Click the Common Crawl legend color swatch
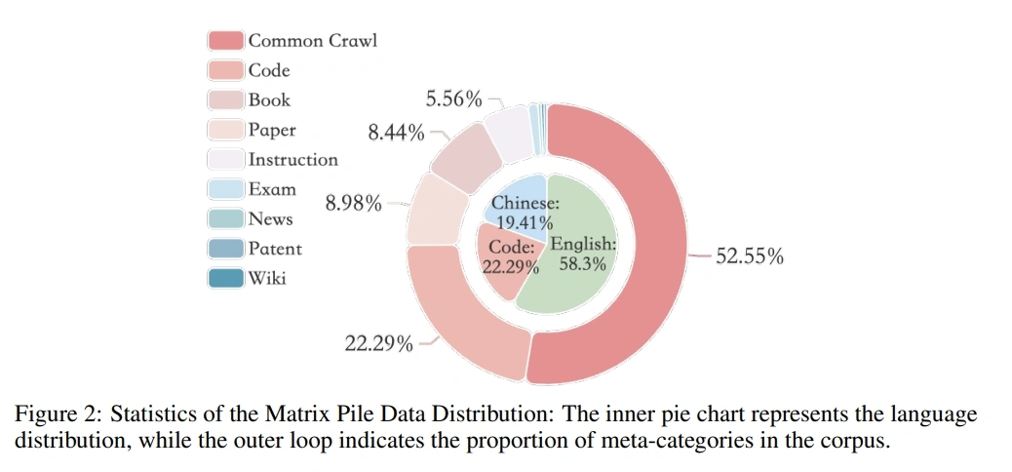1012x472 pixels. pyautogui.click(x=226, y=40)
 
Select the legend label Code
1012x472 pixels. pyautogui.click(x=268, y=70)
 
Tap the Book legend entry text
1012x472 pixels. pyautogui.click(x=269, y=99)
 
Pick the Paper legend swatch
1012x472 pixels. pyautogui.click(x=226, y=130)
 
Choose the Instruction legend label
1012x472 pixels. pyautogui.click(x=292, y=159)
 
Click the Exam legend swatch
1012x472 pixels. pyautogui.click(x=226, y=189)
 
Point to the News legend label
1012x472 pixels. pyautogui.click(x=270, y=218)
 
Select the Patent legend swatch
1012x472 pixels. pyautogui.click(x=226, y=249)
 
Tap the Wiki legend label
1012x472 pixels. pyautogui.click(x=266, y=278)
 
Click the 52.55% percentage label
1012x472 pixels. pyautogui.click(x=750, y=257)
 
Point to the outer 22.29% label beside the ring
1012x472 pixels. pyautogui.click(x=378, y=343)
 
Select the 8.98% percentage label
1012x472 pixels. pyautogui.click(x=353, y=205)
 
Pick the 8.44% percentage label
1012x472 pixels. pyautogui.click(x=396, y=133)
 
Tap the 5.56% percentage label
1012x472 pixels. pyautogui.click(x=453, y=98)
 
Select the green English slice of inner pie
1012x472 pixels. pyautogui.click(x=575, y=263)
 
